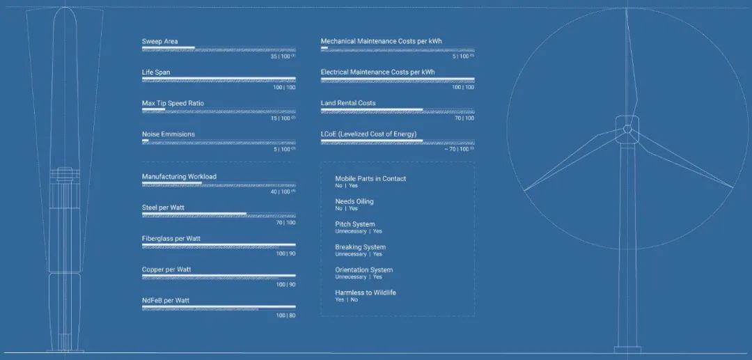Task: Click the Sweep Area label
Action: tap(159, 42)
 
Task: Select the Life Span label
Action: tap(156, 72)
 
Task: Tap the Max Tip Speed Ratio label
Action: tap(173, 103)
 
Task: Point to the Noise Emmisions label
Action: tap(169, 134)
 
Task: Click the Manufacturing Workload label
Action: tap(179, 177)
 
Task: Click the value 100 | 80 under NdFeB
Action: tap(285, 315)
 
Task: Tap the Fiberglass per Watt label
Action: tap(171, 239)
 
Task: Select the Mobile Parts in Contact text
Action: tap(370, 179)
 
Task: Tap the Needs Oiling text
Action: tap(354, 201)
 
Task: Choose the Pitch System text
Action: tap(355, 224)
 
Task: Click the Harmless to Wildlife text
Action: tap(366, 292)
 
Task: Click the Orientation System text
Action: tap(363, 269)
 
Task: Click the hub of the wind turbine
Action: tap(627, 129)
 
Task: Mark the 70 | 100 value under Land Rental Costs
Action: tap(464, 118)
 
